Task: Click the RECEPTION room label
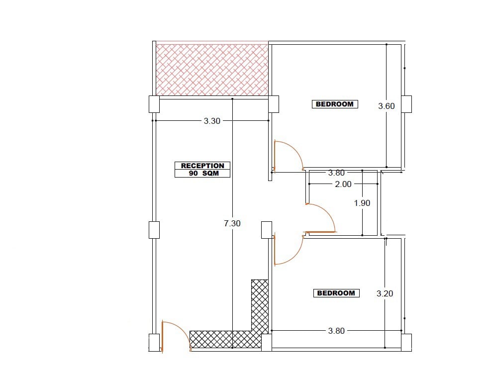[x=202, y=166]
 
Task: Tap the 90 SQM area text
[x=204, y=174]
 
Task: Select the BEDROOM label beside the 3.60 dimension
[x=334, y=104]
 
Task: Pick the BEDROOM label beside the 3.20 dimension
[x=336, y=293]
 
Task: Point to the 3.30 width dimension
[x=212, y=121]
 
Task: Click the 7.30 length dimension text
[x=232, y=223]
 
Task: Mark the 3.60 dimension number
[x=387, y=106]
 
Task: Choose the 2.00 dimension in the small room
[x=343, y=184]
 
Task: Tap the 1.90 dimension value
[x=362, y=203]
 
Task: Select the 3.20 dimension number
[x=385, y=293]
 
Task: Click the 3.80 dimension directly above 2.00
[x=336, y=173]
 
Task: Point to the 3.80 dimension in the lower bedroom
[x=336, y=331]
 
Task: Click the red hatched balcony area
[x=212, y=70]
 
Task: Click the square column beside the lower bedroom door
[x=267, y=230]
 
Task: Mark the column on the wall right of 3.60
[x=406, y=104]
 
